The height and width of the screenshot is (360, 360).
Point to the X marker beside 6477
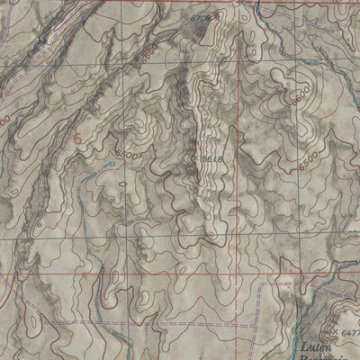point(335,331)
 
